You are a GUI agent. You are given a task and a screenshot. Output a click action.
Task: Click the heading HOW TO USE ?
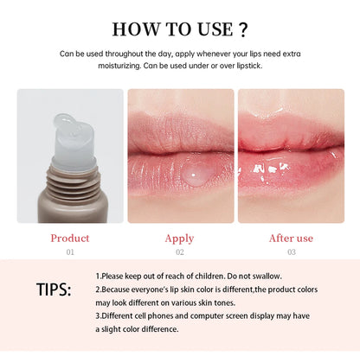(x=179, y=29)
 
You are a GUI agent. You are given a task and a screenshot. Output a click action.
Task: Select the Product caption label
(x=69, y=238)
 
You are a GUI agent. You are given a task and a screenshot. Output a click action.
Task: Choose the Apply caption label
(x=179, y=239)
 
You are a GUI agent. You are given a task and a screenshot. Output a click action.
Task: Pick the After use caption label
(x=290, y=238)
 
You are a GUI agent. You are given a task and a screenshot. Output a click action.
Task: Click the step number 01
(x=69, y=252)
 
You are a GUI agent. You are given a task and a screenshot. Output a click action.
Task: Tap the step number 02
(x=179, y=252)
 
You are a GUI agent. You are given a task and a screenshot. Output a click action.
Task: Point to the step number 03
(x=290, y=252)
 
